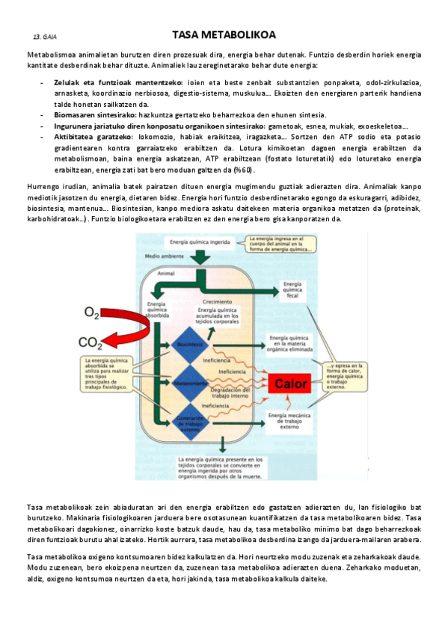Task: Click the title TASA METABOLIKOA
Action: (x=224, y=34)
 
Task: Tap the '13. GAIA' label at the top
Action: (x=45, y=36)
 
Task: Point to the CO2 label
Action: (x=91, y=343)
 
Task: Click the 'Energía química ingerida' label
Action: (x=199, y=242)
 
